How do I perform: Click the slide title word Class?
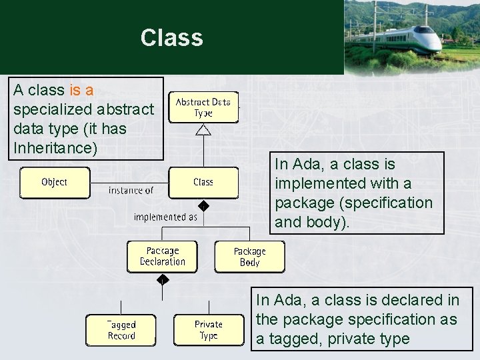tap(171, 37)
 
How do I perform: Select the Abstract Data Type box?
tap(203, 107)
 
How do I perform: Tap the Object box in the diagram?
tap(54, 182)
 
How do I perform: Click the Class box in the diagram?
tap(203, 182)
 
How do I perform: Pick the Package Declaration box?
tap(163, 257)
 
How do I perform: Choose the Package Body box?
tap(249, 257)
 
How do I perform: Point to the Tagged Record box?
tap(121, 330)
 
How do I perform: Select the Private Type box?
tap(208, 330)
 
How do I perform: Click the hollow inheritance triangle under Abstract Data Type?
tap(203, 129)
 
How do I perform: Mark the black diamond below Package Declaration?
tap(163, 280)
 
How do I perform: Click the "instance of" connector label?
tap(131, 191)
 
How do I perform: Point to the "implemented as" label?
tap(165, 217)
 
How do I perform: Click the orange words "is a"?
tap(81, 90)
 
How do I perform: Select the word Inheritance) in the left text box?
tap(55, 147)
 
